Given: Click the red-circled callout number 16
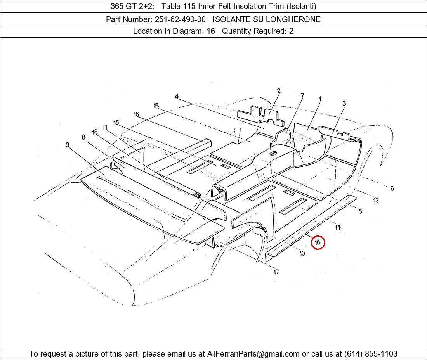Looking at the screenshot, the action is pyautogui.click(x=318, y=242).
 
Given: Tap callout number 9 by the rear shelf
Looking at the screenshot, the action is pyautogui.click(x=67, y=144).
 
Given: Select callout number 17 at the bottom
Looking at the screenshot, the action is pyautogui.click(x=276, y=272).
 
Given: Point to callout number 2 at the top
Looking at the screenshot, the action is pyautogui.click(x=278, y=91).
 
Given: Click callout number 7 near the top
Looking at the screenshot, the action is pyautogui.click(x=302, y=95).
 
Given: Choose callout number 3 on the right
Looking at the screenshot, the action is pyautogui.click(x=344, y=103).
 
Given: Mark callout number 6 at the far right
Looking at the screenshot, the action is pyautogui.click(x=392, y=188).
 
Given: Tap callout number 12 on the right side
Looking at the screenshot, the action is pyautogui.click(x=376, y=200).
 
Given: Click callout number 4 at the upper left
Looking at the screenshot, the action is pyautogui.click(x=177, y=96).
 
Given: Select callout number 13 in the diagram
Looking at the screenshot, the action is pyautogui.click(x=156, y=105).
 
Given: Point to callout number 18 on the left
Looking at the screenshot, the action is pyautogui.click(x=95, y=132).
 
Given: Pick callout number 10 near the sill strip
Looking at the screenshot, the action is pyautogui.click(x=302, y=253).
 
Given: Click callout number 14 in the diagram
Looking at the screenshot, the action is pyautogui.click(x=338, y=227).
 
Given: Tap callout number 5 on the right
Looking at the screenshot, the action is pyautogui.click(x=360, y=211).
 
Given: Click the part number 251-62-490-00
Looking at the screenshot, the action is pyautogui.click(x=180, y=19).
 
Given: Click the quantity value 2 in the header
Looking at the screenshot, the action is pyautogui.click(x=291, y=31).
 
